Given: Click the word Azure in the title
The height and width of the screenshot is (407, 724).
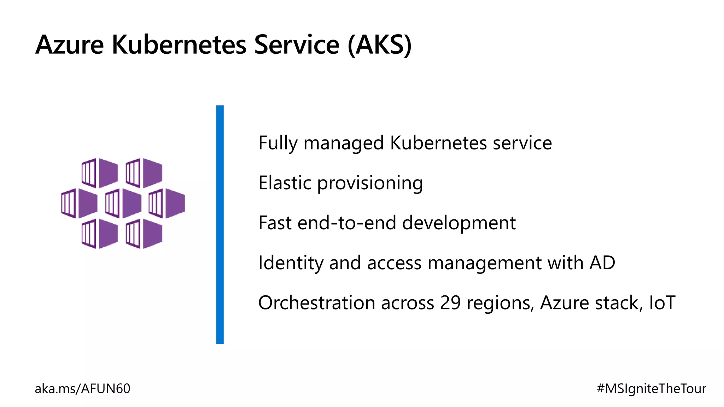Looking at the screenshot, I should coord(70,45).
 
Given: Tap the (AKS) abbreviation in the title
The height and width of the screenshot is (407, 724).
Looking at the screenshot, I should coord(379,45).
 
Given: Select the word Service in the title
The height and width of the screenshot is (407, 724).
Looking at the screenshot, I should coord(297,45).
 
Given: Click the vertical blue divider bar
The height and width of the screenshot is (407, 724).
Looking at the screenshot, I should coord(220,224).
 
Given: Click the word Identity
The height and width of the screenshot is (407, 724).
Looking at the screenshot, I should coord(290,264).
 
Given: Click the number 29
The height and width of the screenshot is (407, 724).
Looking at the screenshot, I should coord(450,303).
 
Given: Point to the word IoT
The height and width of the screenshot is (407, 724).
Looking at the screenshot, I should coord(662,303).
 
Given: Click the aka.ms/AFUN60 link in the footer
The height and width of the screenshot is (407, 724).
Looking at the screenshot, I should coord(82,389).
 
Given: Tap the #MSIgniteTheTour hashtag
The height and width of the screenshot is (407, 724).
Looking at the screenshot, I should coord(651,389).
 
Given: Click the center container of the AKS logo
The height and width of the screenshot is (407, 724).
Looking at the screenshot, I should coord(123,203).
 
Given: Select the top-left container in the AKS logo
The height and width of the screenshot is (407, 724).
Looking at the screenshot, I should coord(100,173).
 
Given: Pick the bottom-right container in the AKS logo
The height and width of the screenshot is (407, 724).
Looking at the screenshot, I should coord(144,234).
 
